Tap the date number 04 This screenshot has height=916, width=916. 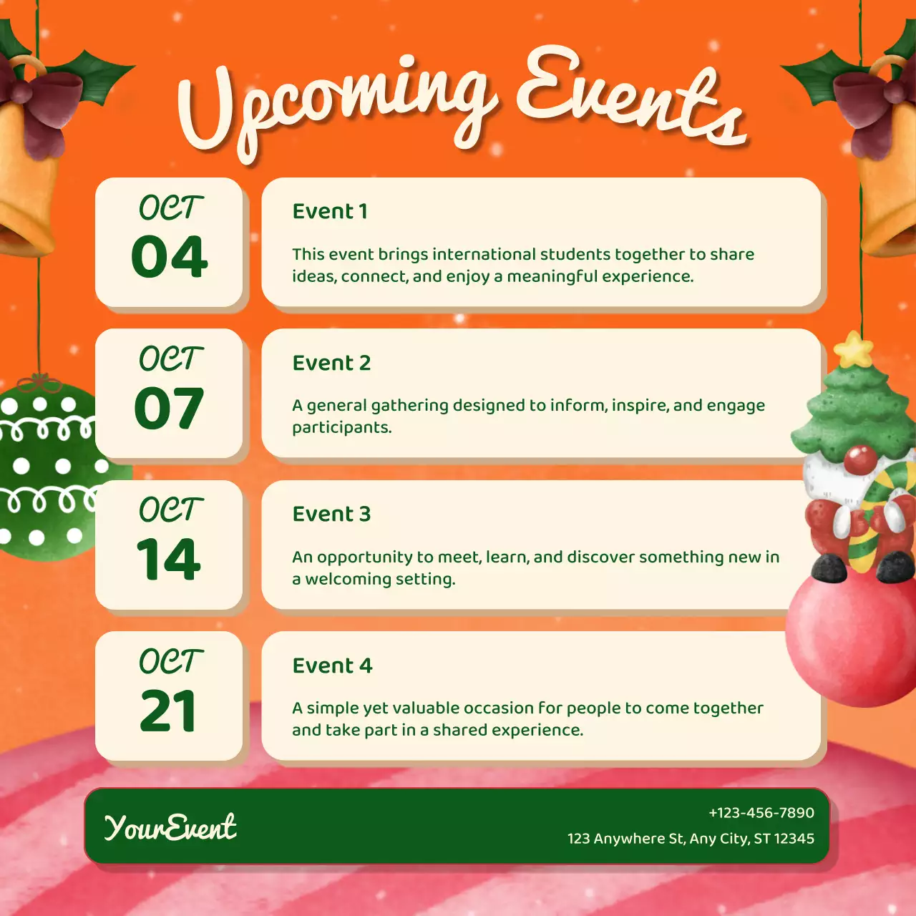pyautogui.click(x=170, y=257)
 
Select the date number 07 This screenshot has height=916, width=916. pyautogui.click(x=170, y=408)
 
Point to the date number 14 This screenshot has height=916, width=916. pyautogui.click(x=170, y=559)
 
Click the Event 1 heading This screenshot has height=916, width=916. pyautogui.click(x=330, y=211)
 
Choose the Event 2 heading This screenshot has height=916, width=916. pyautogui.click(x=331, y=363)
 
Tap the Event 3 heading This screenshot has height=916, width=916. pyautogui.click(x=331, y=514)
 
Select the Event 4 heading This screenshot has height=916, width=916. pyautogui.click(x=332, y=666)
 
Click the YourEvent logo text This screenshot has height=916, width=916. pyautogui.click(x=170, y=827)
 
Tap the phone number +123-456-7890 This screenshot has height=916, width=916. pyautogui.click(x=761, y=813)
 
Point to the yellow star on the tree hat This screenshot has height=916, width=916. pyautogui.click(x=854, y=351)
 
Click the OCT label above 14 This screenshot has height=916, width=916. pyautogui.click(x=170, y=510)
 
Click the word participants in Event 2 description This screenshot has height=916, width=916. pyautogui.click(x=341, y=428)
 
